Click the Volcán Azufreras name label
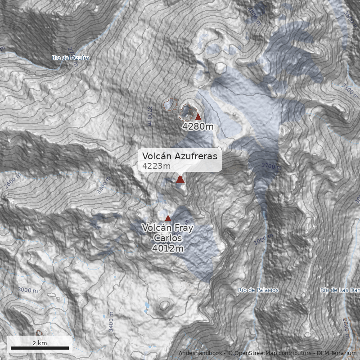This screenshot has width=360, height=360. pyautogui.click(x=180, y=156)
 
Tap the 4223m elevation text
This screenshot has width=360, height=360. pyautogui.click(x=156, y=166)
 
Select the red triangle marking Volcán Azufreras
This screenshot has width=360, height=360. pyautogui.click(x=180, y=180)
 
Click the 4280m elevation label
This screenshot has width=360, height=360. pyautogui.click(x=198, y=126)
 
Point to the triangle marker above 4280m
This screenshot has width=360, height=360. pyautogui.click(x=198, y=117)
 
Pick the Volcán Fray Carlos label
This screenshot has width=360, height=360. pyautogui.click(x=167, y=233)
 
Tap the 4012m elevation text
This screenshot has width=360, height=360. pyautogui.click(x=167, y=248)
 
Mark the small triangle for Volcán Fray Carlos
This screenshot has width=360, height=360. pyautogui.click(x=168, y=218)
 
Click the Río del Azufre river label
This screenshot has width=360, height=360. pyautogui.click(x=70, y=58)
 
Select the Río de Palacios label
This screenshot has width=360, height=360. pyautogui.click(x=258, y=290)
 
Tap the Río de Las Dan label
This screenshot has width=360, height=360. pyautogui.click(x=340, y=290)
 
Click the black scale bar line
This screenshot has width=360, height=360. pyautogui.click(x=40, y=348)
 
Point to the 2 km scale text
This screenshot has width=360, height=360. pyautogui.click(x=40, y=343)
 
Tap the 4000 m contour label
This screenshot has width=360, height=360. pyautogui.click(x=254, y=14)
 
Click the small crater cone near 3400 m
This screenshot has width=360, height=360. pyautogui.click(x=164, y=306)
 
